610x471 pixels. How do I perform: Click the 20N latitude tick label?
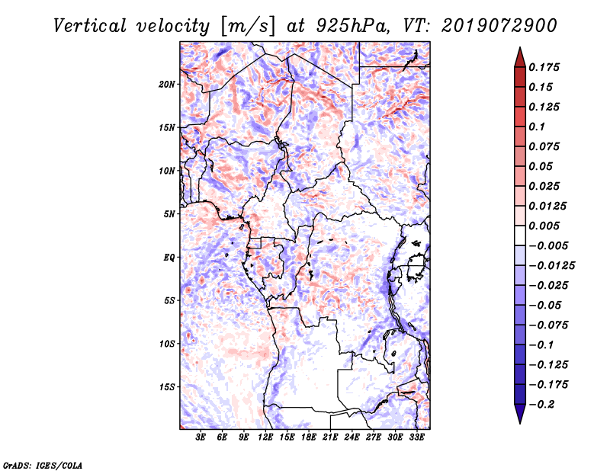[x=167, y=85]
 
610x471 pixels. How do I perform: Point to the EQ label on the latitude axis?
[x=169, y=258]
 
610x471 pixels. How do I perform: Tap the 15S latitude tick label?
[x=167, y=387]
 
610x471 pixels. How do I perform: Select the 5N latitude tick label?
[x=169, y=214]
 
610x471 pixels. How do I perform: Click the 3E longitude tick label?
[x=201, y=437]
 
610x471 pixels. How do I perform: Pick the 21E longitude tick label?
[x=330, y=437]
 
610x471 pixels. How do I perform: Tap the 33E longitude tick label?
[x=416, y=437]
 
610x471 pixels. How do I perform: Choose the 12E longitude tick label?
[x=265, y=437]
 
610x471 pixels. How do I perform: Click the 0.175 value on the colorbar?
[x=544, y=67]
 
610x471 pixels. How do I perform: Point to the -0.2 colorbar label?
[x=541, y=405]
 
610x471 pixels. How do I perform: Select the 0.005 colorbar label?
[x=544, y=226]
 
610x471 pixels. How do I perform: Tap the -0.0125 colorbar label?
[x=551, y=266]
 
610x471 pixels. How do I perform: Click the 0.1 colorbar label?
[x=537, y=127]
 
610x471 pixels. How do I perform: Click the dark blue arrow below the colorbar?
[x=520, y=414]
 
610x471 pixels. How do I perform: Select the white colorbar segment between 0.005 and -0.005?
[x=520, y=235]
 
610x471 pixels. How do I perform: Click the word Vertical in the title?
[x=90, y=26]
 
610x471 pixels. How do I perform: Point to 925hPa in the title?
[x=352, y=26]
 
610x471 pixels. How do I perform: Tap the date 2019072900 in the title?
[x=499, y=26]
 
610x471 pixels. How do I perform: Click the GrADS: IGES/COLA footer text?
[x=43, y=466]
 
